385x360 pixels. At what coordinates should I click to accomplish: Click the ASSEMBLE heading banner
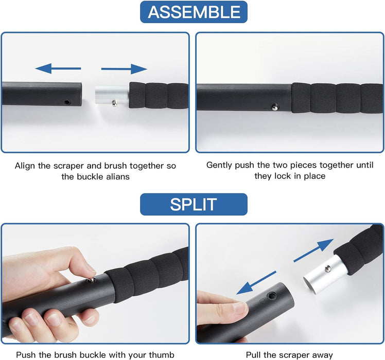click(x=194, y=12)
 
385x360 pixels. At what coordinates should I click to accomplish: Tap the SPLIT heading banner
click(x=194, y=204)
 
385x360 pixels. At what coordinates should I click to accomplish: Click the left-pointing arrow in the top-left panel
click(x=58, y=68)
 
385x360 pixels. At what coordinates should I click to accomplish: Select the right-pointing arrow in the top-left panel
click(x=124, y=69)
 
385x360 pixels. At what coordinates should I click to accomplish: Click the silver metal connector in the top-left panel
click(x=112, y=95)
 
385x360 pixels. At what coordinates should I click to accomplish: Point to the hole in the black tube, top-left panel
click(x=66, y=102)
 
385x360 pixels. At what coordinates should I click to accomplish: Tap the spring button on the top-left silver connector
click(x=115, y=103)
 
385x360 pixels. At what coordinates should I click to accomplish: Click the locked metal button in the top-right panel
click(x=275, y=107)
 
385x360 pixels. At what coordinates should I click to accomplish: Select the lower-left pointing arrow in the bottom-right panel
click(x=256, y=283)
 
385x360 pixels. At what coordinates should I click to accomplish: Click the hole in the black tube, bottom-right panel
click(x=272, y=296)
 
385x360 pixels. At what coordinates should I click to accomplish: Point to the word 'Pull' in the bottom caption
click(x=253, y=355)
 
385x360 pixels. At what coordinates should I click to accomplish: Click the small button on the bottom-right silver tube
click(x=327, y=268)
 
